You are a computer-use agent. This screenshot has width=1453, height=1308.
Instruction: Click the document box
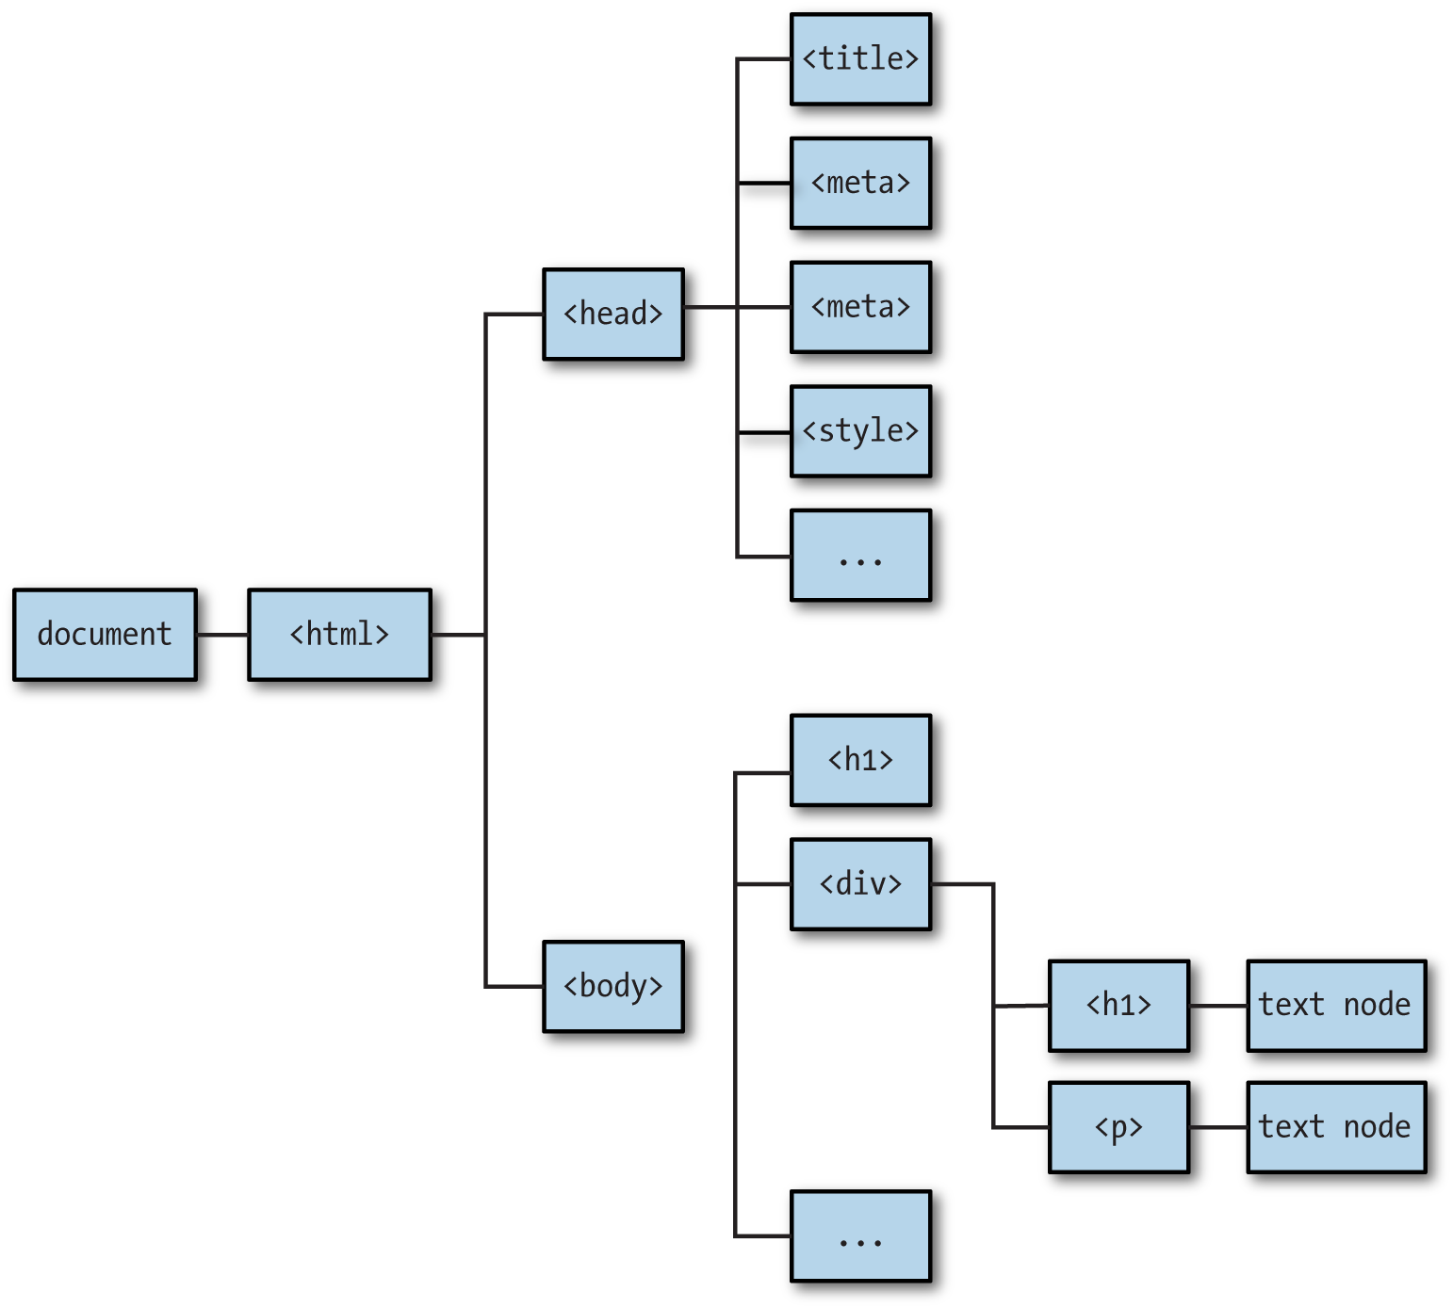(x=105, y=635)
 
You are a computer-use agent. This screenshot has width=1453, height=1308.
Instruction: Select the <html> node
(x=339, y=635)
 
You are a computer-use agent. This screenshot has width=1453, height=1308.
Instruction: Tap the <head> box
(x=612, y=314)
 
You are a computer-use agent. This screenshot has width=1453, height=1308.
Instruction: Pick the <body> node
(x=612, y=986)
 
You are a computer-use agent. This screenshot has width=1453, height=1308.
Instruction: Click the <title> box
(x=860, y=59)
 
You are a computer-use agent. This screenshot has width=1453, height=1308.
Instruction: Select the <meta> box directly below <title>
(x=860, y=183)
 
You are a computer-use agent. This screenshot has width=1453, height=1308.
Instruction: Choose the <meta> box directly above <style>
(x=860, y=307)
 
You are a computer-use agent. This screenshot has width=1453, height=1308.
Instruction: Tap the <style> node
(x=860, y=431)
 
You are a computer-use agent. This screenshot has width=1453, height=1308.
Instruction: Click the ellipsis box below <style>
(x=860, y=556)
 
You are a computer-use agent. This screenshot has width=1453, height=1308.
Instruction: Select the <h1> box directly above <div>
(x=860, y=760)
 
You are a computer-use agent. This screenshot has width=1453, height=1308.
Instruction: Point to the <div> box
(x=860, y=884)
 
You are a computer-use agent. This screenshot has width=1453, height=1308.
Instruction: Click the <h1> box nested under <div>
(x=1118, y=1006)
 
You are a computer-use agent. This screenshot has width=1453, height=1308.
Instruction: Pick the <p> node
(x=1118, y=1127)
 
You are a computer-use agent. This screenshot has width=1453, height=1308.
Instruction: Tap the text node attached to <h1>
(x=1335, y=1006)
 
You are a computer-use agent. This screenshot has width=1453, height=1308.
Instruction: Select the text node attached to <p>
(x=1335, y=1127)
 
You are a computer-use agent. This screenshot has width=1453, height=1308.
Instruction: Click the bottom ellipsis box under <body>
(x=860, y=1236)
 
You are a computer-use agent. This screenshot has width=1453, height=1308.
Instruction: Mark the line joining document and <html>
(x=222, y=635)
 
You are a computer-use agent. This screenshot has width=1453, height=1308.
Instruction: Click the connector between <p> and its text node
(x=1218, y=1127)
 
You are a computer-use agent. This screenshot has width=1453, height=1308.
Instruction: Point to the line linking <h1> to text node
(x=1218, y=1006)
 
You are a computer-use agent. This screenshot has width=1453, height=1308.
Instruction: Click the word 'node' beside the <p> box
(x=1377, y=1127)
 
